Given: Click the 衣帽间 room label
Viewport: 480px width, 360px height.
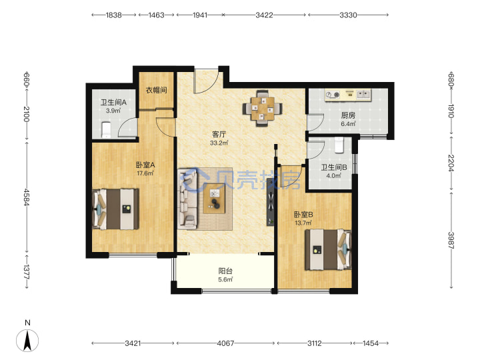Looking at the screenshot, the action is pos(156,90).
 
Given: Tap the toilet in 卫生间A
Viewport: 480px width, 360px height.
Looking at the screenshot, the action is pos(106,130).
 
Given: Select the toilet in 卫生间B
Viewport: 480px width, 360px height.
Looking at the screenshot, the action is pos(339,145).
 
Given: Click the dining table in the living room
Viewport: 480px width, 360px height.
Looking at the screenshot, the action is pos(263,108).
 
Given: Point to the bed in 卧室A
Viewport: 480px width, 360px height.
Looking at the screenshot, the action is pos(115,209).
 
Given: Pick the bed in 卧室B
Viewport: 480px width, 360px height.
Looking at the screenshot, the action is pos(328,249).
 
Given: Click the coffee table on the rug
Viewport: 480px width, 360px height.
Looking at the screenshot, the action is pos(214,199).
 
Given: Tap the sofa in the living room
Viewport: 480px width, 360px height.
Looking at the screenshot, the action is pos(187,199).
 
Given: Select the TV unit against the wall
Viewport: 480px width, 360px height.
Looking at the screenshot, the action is pos(270,203).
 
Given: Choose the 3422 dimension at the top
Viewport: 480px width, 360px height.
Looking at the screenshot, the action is pos(264,15).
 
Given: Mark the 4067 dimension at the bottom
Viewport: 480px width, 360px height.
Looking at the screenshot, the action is pos(225,343).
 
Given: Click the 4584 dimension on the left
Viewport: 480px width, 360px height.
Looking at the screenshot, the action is pos(27,197).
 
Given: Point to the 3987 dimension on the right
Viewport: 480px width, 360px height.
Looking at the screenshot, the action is pos(451,241).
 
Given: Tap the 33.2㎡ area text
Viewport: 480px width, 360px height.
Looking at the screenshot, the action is pos(219,143).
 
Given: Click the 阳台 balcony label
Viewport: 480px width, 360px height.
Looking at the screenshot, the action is pos(225,271).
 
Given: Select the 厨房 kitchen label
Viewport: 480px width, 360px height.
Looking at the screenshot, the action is pos(348,115).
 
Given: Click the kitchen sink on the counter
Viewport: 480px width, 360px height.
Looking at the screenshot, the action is pos(364,94).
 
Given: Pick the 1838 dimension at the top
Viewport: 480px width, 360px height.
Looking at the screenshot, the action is pos(114,15).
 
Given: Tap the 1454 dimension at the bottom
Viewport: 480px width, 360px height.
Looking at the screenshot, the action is pos(371,343).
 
